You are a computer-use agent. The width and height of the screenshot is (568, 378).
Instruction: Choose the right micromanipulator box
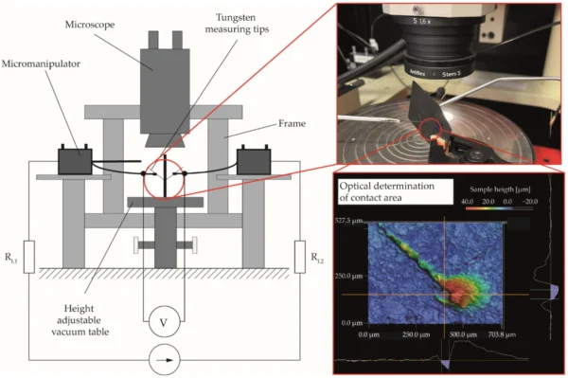pos(253,161)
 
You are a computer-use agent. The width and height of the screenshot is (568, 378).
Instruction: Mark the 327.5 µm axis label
pos(354,220)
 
